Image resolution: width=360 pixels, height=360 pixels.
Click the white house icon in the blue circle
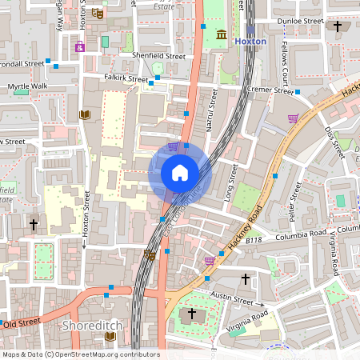(x=180, y=172)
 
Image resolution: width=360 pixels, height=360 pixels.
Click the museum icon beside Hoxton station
(x=221, y=34)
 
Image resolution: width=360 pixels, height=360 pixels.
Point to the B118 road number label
(x=254, y=239)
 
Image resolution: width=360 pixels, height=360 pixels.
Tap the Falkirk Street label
(x=126, y=78)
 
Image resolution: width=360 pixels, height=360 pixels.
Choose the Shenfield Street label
(x=158, y=58)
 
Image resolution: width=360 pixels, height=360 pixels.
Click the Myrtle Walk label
(x=27, y=86)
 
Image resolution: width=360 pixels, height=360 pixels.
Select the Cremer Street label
(x=270, y=90)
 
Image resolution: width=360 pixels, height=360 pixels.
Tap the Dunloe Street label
(x=300, y=21)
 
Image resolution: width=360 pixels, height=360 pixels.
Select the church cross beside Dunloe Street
(x=338, y=26)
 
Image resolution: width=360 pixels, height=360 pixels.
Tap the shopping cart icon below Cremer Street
(x=293, y=119)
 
